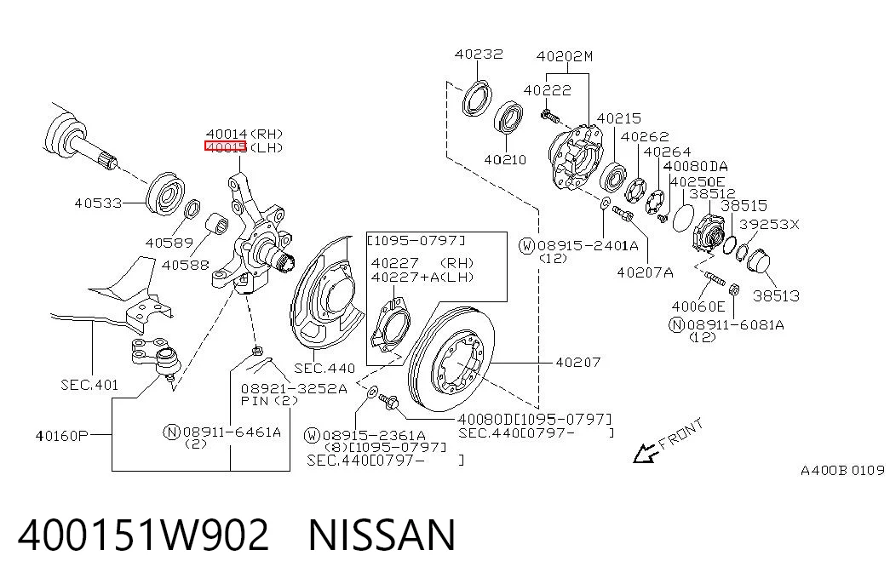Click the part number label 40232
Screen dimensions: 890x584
479,54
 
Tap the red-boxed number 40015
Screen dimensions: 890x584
226,147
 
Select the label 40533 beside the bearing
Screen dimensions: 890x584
98,203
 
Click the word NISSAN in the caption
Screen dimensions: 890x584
382,535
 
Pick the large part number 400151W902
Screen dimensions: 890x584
143,535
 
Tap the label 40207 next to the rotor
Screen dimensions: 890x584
577,362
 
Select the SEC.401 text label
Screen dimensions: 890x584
89,385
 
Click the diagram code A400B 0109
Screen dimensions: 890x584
842,470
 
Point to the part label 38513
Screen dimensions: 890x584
776,295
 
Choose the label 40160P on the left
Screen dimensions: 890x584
62,436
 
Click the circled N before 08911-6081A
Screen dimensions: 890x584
676,325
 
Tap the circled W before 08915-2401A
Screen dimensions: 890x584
526,246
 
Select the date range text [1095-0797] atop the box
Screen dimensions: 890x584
416,241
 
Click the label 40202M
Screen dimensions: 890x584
564,56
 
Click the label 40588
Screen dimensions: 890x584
185,265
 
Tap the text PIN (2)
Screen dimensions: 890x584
269,401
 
